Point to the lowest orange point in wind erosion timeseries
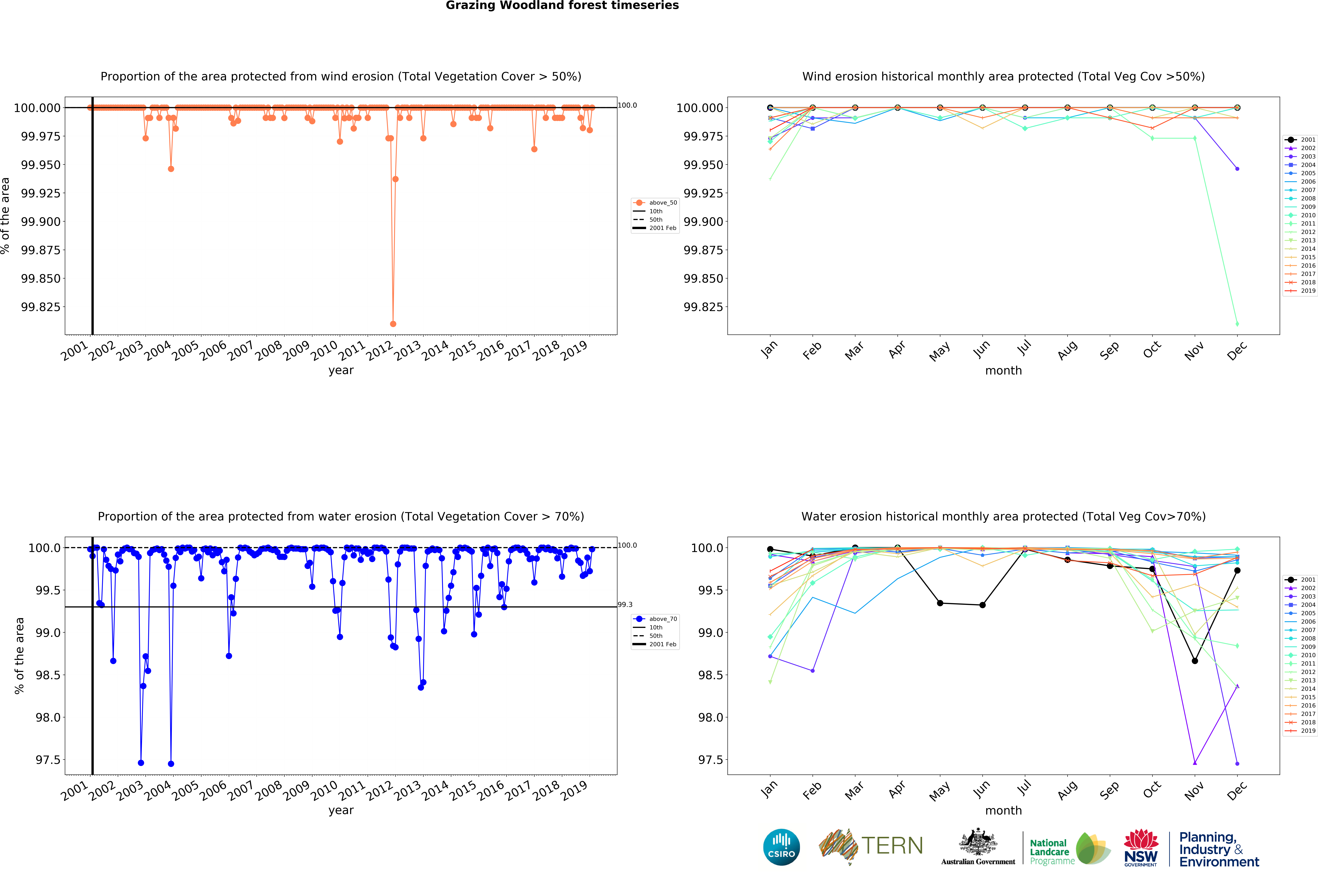[x=393, y=324]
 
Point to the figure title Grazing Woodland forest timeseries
[x=562, y=6]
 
